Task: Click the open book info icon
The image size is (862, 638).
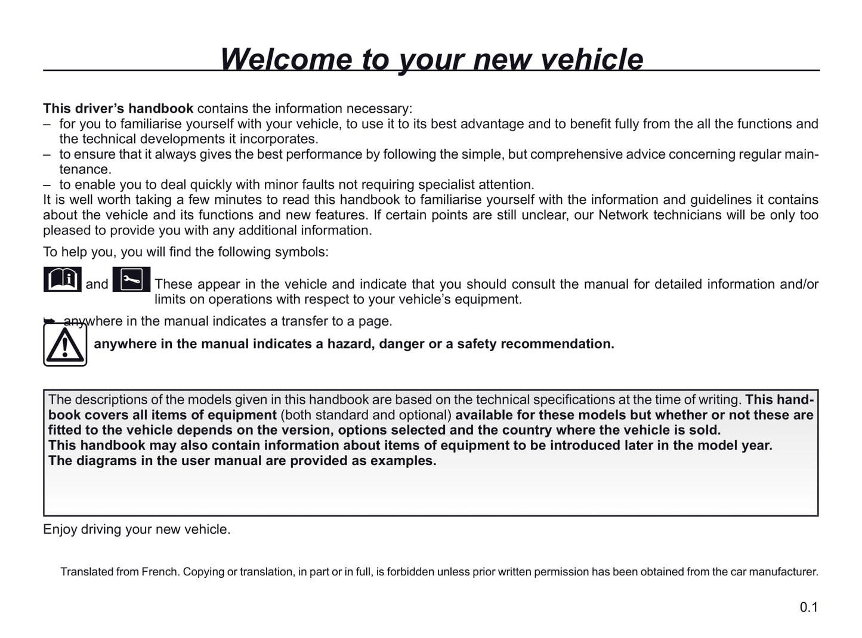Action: [x=63, y=279]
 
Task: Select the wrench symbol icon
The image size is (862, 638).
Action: [x=131, y=279]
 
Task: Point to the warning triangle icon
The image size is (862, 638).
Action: [x=65, y=345]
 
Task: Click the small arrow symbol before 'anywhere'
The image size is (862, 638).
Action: [x=49, y=322]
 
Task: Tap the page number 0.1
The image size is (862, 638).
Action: [x=808, y=607]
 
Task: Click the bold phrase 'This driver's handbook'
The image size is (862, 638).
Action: [x=118, y=109]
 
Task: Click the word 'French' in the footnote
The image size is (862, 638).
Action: [x=160, y=572]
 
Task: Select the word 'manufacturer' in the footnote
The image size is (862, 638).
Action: [x=783, y=572]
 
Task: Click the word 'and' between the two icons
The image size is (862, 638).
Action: [x=97, y=284]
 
